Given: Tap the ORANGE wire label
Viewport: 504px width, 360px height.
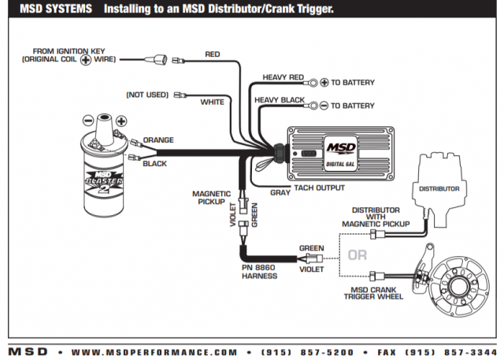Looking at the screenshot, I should pos(158,140).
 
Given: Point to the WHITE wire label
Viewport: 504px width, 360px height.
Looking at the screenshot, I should pos(213,102).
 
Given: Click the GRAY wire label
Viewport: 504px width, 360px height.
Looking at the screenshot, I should pos(280,191).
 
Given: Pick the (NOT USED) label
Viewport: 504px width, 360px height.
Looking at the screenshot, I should pos(147,95).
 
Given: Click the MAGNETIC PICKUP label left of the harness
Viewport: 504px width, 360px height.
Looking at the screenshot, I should pos(212,199).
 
